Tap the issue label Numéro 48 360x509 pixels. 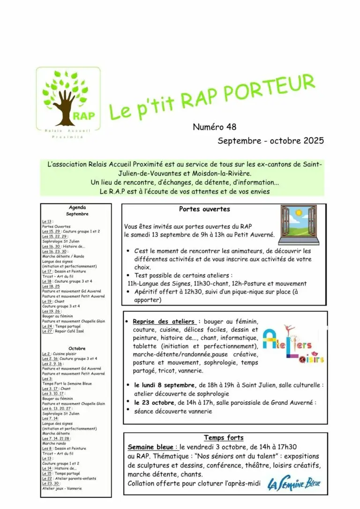(x=214, y=127)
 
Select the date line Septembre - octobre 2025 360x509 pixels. (x=270, y=141)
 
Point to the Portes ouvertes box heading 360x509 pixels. (x=204, y=209)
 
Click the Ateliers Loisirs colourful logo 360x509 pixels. (x=293, y=345)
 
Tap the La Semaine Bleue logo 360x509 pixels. (x=294, y=484)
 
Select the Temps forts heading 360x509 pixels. (x=224, y=438)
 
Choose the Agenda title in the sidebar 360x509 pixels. (x=77, y=207)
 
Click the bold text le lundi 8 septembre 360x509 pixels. (x=162, y=385)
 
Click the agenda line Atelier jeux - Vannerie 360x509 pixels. (x=62, y=488)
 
